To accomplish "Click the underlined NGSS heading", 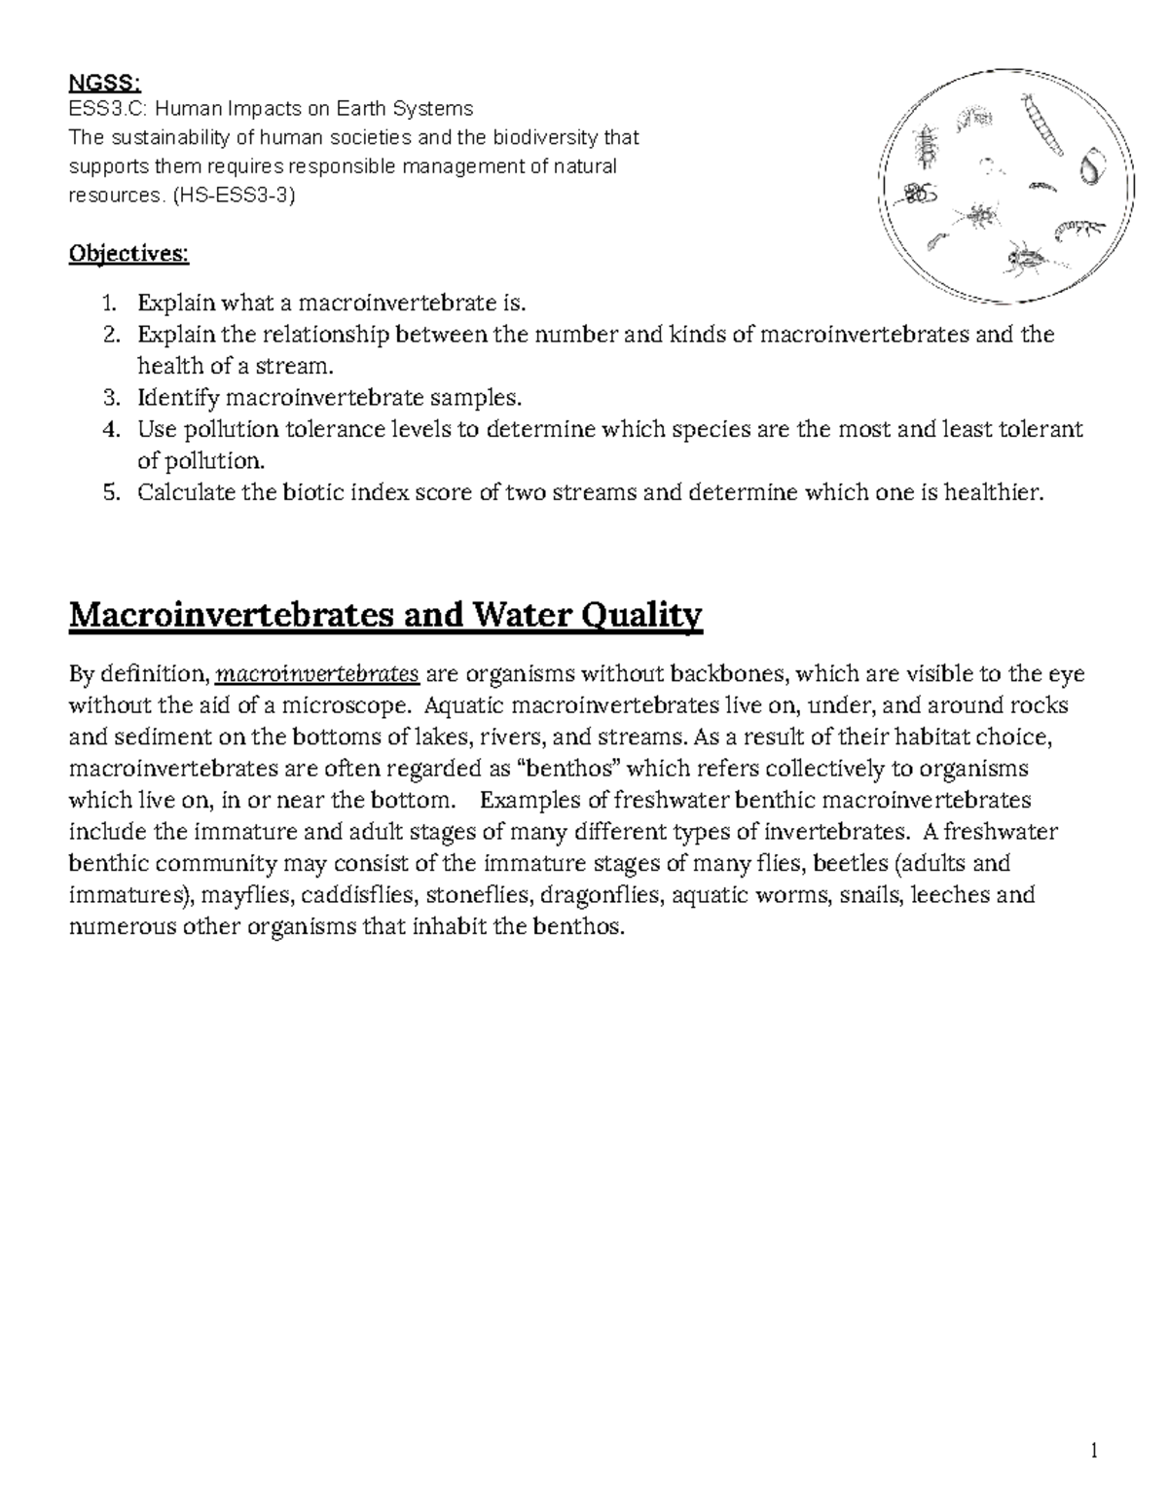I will pos(95,84).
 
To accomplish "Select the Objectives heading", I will pos(128,254).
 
